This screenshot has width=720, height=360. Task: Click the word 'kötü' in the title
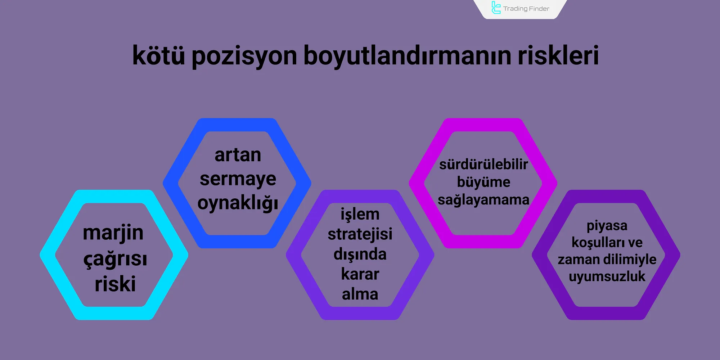coord(158,56)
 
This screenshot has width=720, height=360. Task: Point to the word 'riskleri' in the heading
coord(558,56)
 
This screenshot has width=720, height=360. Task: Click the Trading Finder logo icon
coord(496,8)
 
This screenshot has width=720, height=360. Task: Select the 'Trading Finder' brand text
coord(526,9)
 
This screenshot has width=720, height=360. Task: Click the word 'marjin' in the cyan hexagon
coord(113,233)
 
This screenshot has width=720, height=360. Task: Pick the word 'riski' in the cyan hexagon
coord(115,284)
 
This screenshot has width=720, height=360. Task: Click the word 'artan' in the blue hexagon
coord(238,155)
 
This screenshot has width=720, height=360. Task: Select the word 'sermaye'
coord(238,179)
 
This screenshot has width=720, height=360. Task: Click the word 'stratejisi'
coord(360,234)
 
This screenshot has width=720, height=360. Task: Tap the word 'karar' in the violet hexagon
coord(360,274)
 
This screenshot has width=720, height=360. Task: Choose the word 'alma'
coord(360,294)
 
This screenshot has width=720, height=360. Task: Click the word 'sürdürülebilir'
coord(483,165)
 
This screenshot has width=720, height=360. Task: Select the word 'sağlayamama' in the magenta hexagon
coord(483,200)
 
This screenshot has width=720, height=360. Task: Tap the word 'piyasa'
coord(607,226)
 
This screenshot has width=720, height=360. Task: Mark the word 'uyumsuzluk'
coord(607,276)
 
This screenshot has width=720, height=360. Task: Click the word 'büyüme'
coord(483,182)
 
